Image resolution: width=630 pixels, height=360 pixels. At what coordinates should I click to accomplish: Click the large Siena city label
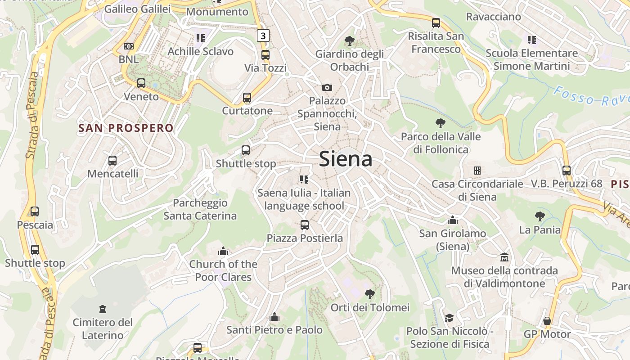[346, 159]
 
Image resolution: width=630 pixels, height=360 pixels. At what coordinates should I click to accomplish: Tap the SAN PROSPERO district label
[126, 128]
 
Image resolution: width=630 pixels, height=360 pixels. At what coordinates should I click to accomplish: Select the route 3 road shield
[263, 36]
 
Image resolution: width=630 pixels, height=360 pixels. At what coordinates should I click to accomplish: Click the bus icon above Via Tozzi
[265, 55]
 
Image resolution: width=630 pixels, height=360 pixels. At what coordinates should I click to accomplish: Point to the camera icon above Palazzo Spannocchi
[327, 87]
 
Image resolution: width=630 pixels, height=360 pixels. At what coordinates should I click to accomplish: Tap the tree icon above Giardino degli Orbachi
[349, 41]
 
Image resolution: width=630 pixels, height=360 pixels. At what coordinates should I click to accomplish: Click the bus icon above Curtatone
[247, 98]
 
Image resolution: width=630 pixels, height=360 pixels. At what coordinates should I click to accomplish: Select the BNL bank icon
[129, 46]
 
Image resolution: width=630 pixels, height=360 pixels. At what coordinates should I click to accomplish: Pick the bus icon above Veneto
[141, 83]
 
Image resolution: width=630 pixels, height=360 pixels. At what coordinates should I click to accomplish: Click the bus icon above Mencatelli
[112, 160]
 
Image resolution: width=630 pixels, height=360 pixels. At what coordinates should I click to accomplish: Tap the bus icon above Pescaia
[35, 211]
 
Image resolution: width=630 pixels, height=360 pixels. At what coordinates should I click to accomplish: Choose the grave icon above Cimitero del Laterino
[103, 309]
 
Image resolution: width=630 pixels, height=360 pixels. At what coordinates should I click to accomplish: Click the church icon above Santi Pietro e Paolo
[274, 317]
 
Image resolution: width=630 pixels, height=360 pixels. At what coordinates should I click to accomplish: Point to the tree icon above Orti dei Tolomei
[370, 294]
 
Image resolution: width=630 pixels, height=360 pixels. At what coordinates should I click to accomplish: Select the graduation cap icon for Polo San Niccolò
[449, 318]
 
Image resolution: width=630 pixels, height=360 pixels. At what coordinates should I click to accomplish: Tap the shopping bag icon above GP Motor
[547, 321]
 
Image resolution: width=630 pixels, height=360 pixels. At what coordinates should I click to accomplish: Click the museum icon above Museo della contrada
[504, 257]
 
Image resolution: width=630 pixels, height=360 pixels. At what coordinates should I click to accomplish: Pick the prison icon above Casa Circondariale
[477, 171]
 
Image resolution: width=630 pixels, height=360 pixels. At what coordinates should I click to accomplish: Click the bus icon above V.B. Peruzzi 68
[567, 171]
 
